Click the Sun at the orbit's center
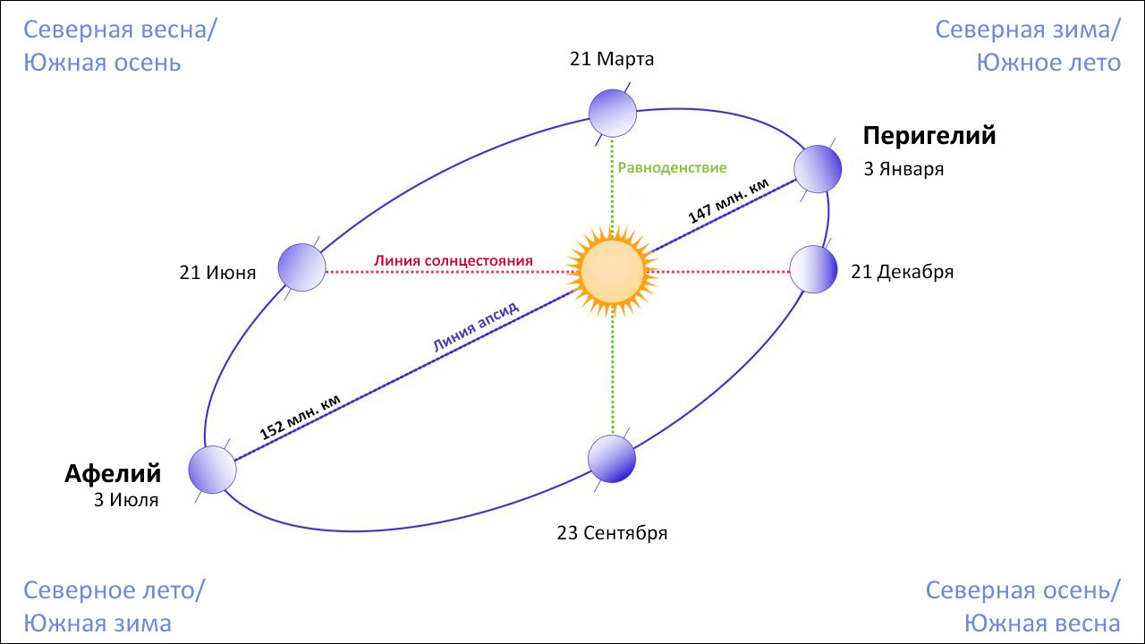pos(612,272)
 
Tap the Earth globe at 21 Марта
pos(613,114)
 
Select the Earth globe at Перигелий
pos(818,169)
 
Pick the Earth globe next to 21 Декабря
pos(813,269)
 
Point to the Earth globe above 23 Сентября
pos(612,459)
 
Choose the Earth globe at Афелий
pos(213,470)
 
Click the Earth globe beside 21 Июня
pos(301,267)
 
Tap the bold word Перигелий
pos(929,136)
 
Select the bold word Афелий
pos(113,474)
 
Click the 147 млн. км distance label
pos(728,201)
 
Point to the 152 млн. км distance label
pos(300,417)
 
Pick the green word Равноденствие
pos(672,167)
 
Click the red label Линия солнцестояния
pos(454,260)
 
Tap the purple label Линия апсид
pos(476,326)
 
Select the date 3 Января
pos(903,169)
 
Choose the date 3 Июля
pos(126,500)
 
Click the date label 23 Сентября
pos(613,533)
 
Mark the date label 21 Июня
pos(217,273)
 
